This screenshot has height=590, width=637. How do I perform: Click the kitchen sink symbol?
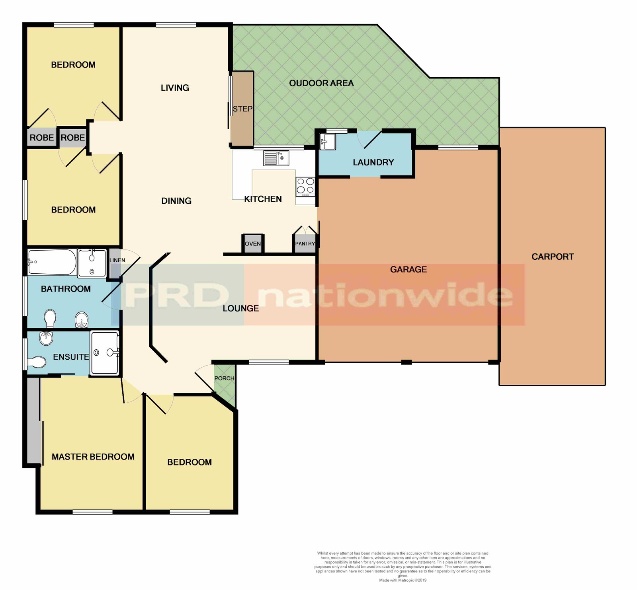point(276,158)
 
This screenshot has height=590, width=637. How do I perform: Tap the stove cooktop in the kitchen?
point(305,186)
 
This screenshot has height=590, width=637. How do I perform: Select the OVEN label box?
point(253,244)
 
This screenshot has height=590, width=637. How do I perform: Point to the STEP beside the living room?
point(242,109)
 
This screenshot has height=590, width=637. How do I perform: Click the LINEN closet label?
point(117,260)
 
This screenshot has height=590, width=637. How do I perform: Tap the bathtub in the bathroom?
point(52,262)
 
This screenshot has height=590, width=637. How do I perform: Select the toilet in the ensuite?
point(37,362)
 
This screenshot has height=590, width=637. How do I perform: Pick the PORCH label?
point(224,378)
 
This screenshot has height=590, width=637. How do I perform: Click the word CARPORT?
point(553,257)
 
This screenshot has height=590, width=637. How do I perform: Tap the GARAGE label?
point(408,269)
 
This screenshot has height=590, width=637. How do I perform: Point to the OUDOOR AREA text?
point(321,83)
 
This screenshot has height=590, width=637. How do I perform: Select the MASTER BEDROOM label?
point(93,457)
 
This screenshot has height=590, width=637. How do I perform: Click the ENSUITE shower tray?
point(105,353)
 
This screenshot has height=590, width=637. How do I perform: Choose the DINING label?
point(176,201)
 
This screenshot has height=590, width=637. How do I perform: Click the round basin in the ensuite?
point(46,338)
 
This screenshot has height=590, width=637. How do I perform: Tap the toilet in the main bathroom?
point(50,318)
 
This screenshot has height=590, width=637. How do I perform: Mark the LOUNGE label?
point(240,308)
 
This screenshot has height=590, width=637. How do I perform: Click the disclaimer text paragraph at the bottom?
point(403,564)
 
